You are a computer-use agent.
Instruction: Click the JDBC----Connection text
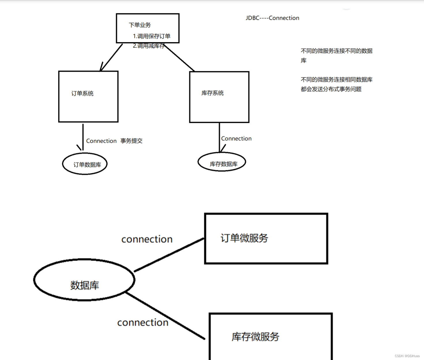click(272, 18)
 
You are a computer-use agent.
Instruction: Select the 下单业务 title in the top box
click(140, 25)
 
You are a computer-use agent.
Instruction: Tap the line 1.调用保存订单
click(151, 36)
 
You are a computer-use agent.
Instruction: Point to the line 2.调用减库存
click(149, 46)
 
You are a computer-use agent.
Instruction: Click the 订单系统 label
click(82, 94)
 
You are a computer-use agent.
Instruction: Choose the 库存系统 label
click(213, 93)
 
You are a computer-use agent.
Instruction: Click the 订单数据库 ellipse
click(85, 164)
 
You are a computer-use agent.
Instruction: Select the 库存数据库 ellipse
click(222, 162)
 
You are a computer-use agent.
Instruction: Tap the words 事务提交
click(132, 141)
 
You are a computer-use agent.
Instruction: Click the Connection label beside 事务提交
click(101, 141)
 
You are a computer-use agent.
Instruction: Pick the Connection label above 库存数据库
click(236, 139)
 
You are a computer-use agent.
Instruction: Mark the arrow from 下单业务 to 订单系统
click(111, 57)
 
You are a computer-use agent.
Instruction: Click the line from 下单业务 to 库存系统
click(180, 58)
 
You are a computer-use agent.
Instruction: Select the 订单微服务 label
click(244, 238)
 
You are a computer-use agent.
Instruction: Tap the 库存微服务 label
click(255, 337)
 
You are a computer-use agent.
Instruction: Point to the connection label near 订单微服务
click(147, 239)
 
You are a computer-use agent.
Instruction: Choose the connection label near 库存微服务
click(143, 322)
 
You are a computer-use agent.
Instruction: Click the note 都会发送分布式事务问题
click(331, 89)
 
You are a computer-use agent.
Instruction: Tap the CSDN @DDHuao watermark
click(407, 356)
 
